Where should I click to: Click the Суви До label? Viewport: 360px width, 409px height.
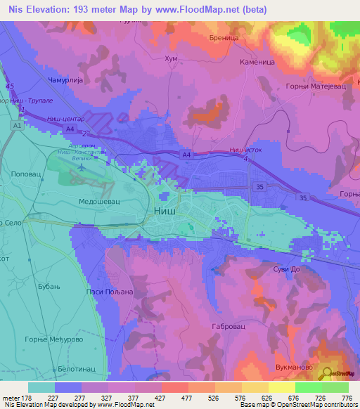pyautogui.click(x=287, y=269)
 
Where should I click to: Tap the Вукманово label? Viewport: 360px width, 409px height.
pyautogui.click(x=294, y=366)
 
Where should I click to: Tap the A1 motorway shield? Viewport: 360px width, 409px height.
pyautogui.click(x=15, y=125)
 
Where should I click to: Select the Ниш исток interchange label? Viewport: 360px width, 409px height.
pyautogui.click(x=245, y=150)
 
